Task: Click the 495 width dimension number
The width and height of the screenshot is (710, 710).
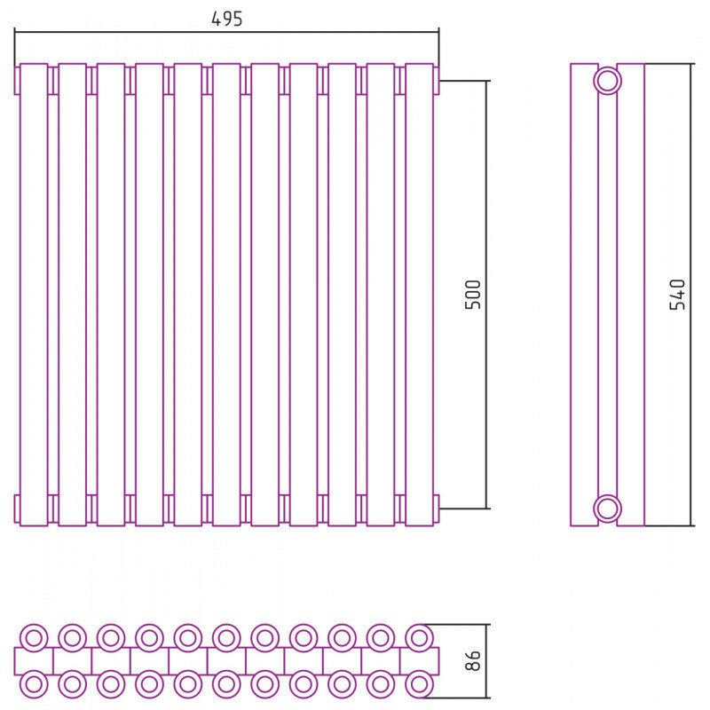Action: click(227, 19)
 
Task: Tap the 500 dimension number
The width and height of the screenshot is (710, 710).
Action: click(473, 295)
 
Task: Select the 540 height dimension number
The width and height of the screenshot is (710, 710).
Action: click(677, 295)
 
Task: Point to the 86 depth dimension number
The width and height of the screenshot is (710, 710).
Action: click(473, 660)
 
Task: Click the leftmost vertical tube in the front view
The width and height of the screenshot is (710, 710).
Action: click(34, 295)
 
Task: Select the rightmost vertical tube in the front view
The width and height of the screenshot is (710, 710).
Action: click(419, 295)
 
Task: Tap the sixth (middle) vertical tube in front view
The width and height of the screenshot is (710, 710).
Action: click(226, 295)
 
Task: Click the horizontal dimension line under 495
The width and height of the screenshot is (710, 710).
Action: click(226, 32)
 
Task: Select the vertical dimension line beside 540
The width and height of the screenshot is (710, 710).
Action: click(691, 295)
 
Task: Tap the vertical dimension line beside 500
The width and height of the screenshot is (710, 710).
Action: click(486, 295)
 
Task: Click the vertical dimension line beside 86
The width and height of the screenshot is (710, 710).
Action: click(486, 661)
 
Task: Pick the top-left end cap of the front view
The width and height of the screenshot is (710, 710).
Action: click(17, 81)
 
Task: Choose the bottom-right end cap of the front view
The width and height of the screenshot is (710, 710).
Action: click(437, 509)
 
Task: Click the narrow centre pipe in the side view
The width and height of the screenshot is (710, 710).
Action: click(607, 295)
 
